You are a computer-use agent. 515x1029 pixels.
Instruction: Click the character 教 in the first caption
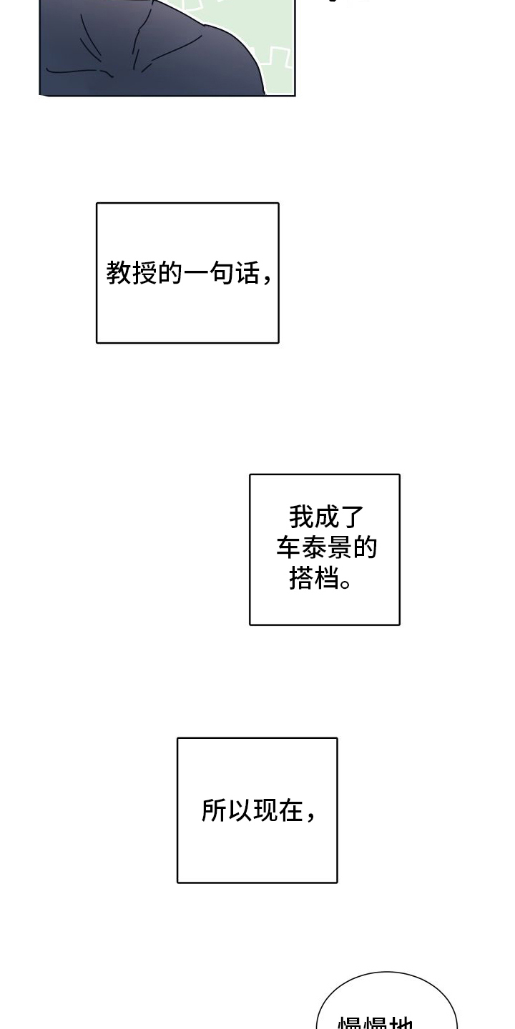click(x=119, y=272)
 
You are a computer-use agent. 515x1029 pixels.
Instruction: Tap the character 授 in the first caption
click(x=145, y=272)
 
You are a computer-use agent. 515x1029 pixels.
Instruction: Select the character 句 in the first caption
click(x=222, y=272)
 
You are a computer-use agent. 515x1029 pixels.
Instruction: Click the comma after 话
click(x=267, y=279)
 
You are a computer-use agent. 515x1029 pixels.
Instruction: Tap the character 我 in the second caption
click(x=301, y=517)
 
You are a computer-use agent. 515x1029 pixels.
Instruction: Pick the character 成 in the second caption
click(x=327, y=517)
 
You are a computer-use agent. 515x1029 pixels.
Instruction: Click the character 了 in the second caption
click(x=353, y=517)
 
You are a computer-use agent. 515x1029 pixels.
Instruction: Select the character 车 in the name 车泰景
click(x=289, y=547)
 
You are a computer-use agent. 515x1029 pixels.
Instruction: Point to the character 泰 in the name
click(x=314, y=547)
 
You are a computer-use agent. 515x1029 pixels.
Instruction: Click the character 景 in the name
click(x=340, y=547)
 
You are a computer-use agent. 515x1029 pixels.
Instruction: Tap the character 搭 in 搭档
click(x=301, y=578)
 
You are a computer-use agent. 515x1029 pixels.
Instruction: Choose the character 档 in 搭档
click(x=327, y=578)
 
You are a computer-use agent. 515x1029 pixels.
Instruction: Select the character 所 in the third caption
click(x=214, y=810)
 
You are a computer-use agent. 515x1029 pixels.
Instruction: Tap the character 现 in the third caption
click(x=265, y=810)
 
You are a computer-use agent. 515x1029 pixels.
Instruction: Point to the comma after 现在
click(x=310, y=817)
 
